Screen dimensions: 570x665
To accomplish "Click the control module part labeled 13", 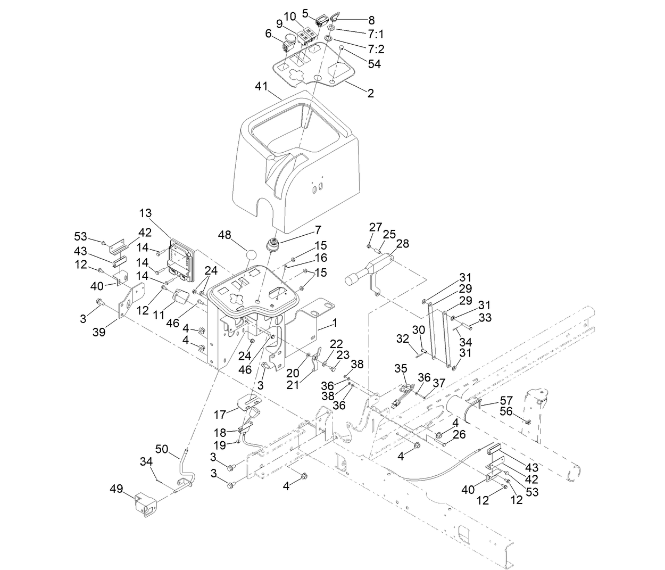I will pyautogui.click(x=181, y=261).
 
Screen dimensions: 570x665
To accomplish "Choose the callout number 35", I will pyautogui.click(x=401, y=368).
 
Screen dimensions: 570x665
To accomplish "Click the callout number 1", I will pyautogui.click(x=335, y=323).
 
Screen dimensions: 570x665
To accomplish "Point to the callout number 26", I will pyautogui.click(x=459, y=435).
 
